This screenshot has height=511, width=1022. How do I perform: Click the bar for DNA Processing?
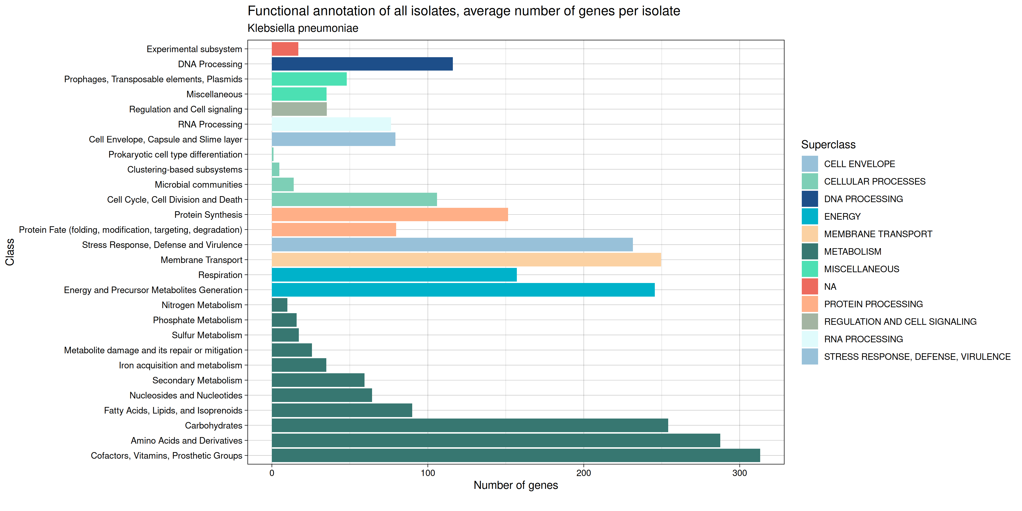362,64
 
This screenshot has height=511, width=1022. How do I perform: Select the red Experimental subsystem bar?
285,49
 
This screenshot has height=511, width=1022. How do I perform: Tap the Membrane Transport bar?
466,260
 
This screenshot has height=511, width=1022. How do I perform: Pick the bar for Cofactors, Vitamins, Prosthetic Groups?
516,456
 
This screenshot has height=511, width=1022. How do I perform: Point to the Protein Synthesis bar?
390,215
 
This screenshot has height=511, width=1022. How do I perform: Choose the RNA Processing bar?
331,124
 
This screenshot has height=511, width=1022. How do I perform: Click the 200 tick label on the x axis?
584,473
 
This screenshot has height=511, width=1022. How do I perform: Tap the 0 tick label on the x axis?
272,473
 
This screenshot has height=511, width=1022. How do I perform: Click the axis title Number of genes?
516,485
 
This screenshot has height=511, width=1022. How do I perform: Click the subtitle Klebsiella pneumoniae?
303,28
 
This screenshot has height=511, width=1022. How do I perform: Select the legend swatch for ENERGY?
809,217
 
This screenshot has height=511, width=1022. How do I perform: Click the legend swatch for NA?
809,286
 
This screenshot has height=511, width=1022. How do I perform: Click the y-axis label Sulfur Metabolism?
207,335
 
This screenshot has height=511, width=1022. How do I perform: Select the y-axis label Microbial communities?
198,184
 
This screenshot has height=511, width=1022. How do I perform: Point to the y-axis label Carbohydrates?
213,426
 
